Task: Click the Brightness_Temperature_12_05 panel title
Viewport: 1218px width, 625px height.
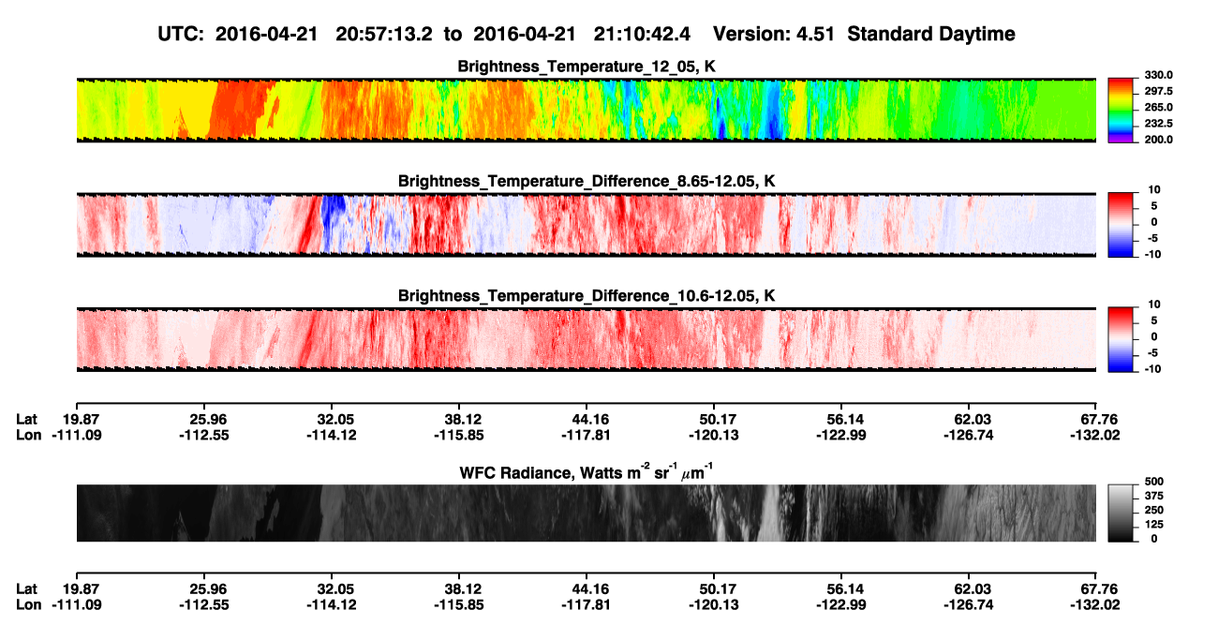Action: (x=587, y=67)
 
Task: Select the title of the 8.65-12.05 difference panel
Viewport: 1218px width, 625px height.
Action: (x=587, y=181)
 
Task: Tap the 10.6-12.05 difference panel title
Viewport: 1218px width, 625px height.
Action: (x=587, y=296)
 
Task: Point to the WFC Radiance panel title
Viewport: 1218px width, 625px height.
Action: (x=587, y=471)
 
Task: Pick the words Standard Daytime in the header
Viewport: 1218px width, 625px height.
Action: (x=931, y=35)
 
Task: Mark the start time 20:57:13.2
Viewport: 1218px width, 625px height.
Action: (x=384, y=35)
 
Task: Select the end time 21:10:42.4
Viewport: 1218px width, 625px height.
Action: (x=642, y=35)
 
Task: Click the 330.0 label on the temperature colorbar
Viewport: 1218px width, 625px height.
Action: (x=1158, y=75)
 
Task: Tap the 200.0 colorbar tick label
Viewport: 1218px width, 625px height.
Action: (x=1158, y=140)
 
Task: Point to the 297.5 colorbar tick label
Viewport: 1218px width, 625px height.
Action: (x=1158, y=92)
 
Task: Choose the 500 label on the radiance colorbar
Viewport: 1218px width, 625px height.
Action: (x=1154, y=482)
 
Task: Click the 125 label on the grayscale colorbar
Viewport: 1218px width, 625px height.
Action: (x=1154, y=525)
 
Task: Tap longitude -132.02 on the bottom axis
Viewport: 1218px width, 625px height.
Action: (x=1095, y=605)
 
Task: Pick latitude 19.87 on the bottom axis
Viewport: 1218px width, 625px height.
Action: (x=81, y=589)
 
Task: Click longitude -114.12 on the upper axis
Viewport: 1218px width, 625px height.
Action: (x=332, y=435)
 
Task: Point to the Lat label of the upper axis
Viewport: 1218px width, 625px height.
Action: (x=26, y=420)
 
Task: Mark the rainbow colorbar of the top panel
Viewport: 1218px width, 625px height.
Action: (x=1121, y=111)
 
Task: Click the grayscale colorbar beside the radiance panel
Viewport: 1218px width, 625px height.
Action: (x=1121, y=513)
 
